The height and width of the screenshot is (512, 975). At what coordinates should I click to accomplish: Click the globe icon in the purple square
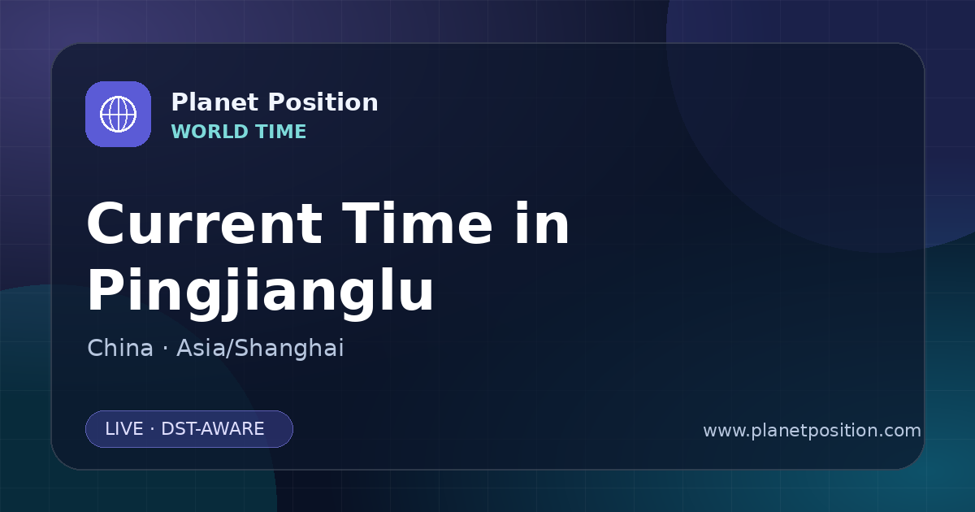(x=118, y=114)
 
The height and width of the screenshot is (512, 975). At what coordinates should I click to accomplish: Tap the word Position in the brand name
(x=323, y=102)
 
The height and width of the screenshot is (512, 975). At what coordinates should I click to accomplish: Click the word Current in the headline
(x=205, y=224)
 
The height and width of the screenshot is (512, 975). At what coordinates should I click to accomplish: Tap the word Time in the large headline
(x=417, y=223)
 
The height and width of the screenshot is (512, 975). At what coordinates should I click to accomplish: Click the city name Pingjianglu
(x=260, y=293)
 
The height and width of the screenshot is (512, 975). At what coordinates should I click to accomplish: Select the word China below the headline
(x=120, y=348)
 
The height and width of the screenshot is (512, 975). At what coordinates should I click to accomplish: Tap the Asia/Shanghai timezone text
(x=260, y=349)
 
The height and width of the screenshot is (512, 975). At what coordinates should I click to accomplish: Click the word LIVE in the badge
(x=124, y=429)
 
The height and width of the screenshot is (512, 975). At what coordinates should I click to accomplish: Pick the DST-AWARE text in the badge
(x=212, y=429)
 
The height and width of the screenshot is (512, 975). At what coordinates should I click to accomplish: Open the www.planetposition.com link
(x=812, y=431)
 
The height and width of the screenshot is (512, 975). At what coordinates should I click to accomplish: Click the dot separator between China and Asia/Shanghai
(x=165, y=349)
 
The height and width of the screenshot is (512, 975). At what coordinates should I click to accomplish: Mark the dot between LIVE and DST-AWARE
(x=153, y=429)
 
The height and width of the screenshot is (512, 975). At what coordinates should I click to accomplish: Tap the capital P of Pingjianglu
(x=105, y=289)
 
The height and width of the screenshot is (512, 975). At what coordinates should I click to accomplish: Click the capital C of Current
(x=106, y=224)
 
